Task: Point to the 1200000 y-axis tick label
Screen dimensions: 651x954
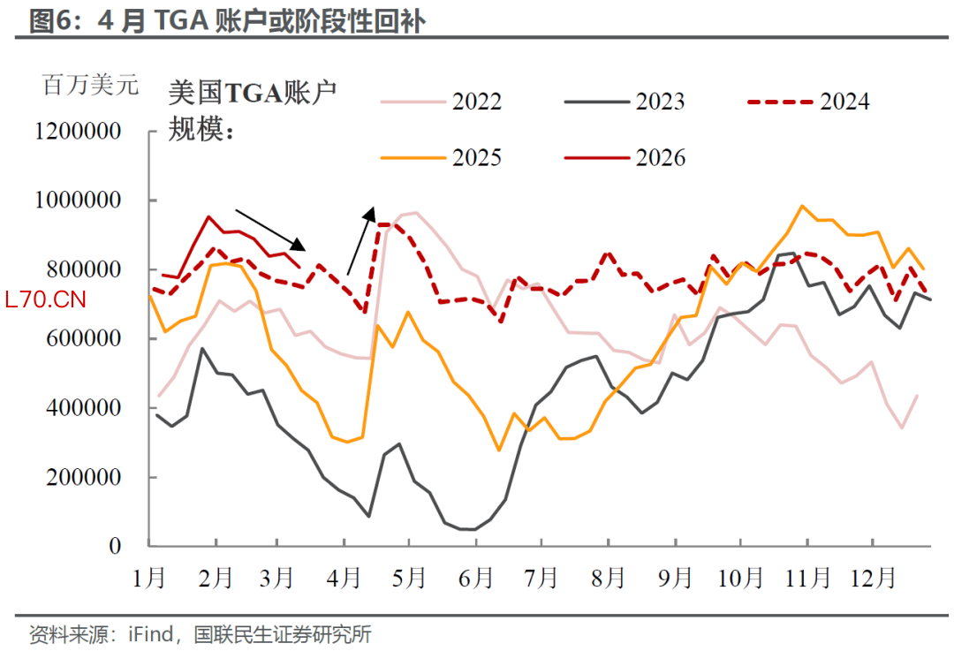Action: pos(78,132)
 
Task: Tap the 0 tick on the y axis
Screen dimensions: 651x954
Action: pos(115,547)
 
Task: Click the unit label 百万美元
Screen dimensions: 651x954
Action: pos(91,86)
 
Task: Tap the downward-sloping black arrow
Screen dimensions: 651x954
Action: pos(270,230)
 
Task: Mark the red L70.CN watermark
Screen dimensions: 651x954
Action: pos(45,300)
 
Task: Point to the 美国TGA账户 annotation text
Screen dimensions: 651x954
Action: pos(253,91)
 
